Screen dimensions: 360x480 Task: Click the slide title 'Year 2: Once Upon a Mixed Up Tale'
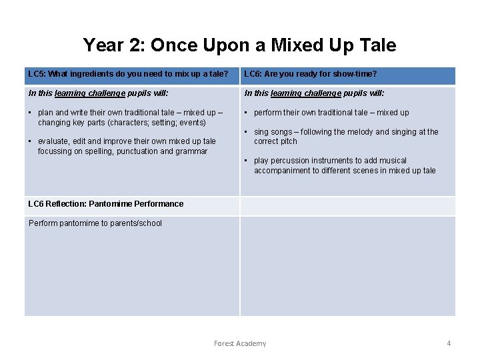[x=239, y=45]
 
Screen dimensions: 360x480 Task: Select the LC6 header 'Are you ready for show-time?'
[x=310, y=74]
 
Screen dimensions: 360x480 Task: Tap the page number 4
[x=449, y=343]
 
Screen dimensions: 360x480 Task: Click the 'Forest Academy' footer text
[x=240, y=343]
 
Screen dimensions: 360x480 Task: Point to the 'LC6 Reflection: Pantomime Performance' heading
[x=106, y=204]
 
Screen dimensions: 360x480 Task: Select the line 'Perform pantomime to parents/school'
[x=95, y=223]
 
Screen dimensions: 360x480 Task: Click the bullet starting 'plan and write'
[x=127, y=117]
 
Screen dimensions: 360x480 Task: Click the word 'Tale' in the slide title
[x=376, y=45]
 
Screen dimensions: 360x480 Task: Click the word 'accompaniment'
[x=282, y=171]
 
